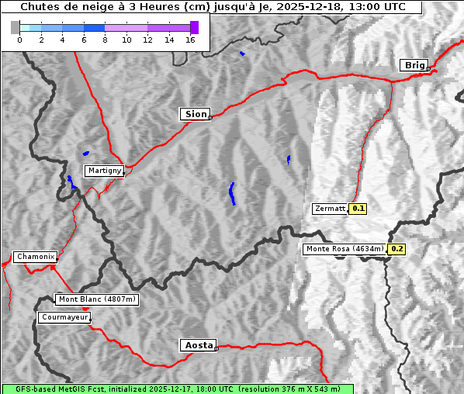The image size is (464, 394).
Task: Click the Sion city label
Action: click(x=196, y=114)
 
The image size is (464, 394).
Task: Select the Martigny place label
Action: click(x=104, y=170)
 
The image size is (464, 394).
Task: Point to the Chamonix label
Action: click(x=35, y=257)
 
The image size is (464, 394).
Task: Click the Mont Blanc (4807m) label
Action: click(x=97, y=299)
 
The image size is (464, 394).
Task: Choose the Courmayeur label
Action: click(x=64, y=317)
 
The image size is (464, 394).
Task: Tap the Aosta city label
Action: click(x=198, y=345)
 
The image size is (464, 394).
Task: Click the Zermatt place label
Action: click(x=330, y=209)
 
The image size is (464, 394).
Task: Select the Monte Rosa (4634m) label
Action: click(x=345, y=249)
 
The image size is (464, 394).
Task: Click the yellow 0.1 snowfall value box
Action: click(x=358, y=209)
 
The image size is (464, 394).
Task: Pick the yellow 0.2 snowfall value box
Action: click(x=397, y=249)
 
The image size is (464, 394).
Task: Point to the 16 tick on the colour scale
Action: click(x=190, y=40)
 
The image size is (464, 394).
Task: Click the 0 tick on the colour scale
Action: click(x=19, y=40)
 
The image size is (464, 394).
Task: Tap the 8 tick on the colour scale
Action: click(x=105, y=40)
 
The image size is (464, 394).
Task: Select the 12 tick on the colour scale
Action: click(x=147, y=40)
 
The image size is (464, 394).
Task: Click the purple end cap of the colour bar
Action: click(x=195, y=27)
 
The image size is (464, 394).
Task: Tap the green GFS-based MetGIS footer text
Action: click(x=177, y=389)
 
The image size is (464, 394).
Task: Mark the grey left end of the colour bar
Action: click(x=16, y=27)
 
